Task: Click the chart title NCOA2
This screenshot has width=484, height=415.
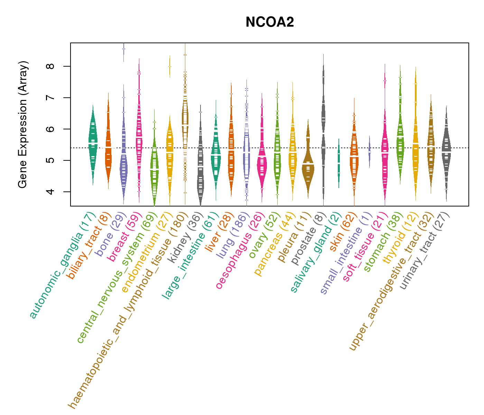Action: point(270,22)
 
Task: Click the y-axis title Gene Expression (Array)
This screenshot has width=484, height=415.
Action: point(23,125)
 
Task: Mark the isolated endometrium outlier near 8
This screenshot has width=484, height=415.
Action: point(170,67)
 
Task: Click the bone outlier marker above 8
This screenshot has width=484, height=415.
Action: point(124,49)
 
